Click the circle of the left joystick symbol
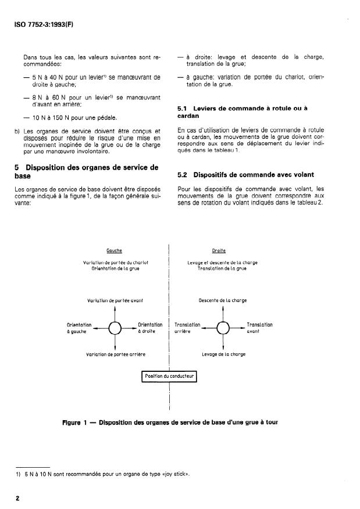click(115, 329)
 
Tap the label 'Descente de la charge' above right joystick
click(223, 301)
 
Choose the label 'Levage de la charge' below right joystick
click(223, 354)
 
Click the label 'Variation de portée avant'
click(115, 301)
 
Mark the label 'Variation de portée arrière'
click(115, 354)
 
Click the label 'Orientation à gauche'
click(79, 328)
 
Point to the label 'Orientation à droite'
click(149, 328)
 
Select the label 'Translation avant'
click(259, 328)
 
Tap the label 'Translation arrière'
click(187, 328)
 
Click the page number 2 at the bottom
click(18, 498)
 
